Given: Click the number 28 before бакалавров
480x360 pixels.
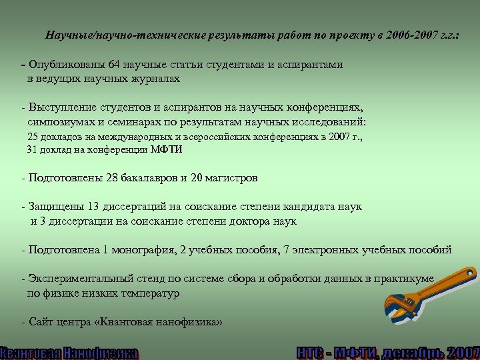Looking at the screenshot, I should point(113,178).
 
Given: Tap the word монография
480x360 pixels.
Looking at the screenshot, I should point(141,249).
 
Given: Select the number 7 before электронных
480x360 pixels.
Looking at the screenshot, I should point(287,249).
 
